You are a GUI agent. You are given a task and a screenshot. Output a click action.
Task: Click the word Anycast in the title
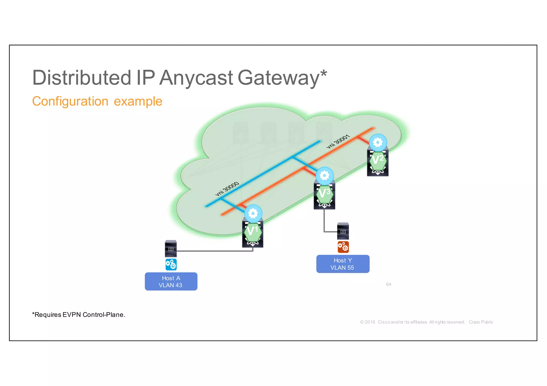pos(196,78)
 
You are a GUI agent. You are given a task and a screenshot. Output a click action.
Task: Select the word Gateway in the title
pos(278,78)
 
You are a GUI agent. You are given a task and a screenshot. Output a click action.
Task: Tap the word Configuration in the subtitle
pos(70,101)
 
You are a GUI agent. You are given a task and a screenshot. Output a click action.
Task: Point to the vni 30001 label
pos(338,142)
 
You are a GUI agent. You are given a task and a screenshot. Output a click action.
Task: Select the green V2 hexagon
pos(378,161)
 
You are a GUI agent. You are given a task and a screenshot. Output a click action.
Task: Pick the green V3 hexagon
pos(325,194)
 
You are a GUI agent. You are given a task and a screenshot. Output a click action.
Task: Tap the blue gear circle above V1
pos(253,213)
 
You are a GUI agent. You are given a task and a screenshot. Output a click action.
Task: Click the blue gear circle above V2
pos(378,142)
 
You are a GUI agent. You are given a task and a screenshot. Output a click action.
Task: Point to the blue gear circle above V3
pos(325,176)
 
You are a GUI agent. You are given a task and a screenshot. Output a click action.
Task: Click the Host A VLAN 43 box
pos(171,282)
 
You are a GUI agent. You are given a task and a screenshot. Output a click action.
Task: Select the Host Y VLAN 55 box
pos(343,264)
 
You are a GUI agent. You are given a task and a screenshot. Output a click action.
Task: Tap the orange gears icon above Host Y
pos(343,247)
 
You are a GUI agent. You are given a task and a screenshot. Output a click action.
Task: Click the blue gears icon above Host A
pos(171,264)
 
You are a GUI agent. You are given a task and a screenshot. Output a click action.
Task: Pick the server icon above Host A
pos(171,248)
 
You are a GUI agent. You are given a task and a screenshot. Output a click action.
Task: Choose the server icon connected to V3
pos(343,231)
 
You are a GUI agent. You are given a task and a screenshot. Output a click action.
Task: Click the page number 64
pos(389,284)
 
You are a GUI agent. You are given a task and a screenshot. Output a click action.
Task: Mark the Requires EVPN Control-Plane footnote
pos(79,315)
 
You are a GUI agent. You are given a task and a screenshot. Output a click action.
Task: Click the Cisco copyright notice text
pos(426,322)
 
